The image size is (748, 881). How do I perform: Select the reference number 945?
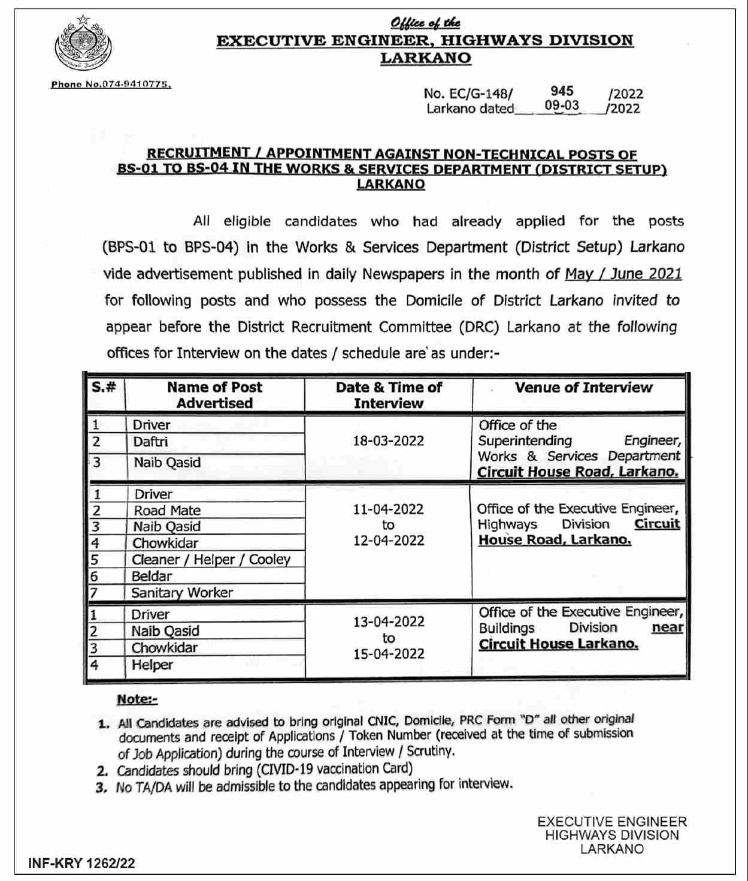click(x=562, y=91)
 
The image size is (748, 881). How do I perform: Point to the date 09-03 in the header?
click(x=562, y=106)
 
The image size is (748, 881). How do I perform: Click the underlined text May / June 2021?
click(x=623, y=274)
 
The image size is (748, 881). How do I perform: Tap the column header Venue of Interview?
click(x=583, y=388)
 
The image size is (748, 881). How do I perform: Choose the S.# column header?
click(x=104, y=387)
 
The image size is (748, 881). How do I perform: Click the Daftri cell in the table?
click(x=151, y=442)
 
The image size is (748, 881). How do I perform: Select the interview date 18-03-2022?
click(x=388, y=441)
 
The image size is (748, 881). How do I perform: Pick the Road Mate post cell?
click(x=167, y=511)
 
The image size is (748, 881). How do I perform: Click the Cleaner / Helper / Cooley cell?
click(x=211, y=560)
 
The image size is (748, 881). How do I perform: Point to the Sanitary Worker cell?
click(x=182, y=593)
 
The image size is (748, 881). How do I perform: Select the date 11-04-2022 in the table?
click(x=388, y=509)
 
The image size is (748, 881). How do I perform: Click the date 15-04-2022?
click(x=388, y=654)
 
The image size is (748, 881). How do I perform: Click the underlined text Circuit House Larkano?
click(x=558, y=644)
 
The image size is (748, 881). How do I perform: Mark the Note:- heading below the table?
click(x=137, y=699)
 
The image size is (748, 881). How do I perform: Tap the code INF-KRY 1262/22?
click(x=81, y=864)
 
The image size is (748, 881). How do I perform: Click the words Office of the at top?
click(x=425, y=23)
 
